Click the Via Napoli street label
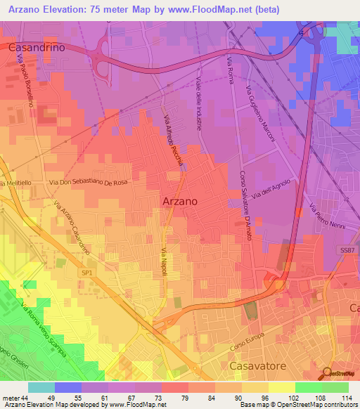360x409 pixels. click(x=163, y=261)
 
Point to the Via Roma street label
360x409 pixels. click(x=230, y=73)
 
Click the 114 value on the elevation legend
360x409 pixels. click(x=346, y=397)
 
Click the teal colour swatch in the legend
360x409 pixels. click(x=41, y=387)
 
